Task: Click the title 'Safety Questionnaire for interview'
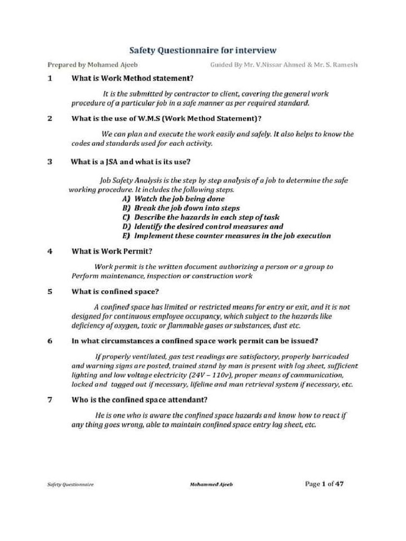tap(203, 50)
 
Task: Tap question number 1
tap(50, 79)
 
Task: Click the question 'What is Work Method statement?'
tap(132, 79)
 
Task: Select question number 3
tap(50, 162)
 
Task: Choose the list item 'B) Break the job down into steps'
tap(181, 208)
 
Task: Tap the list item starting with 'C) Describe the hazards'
tap(201, 217)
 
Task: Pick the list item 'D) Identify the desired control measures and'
tap(202, 227)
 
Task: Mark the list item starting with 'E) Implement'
tap(226, 236)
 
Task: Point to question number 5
tap(50, 291)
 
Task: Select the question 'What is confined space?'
tap(115, 291)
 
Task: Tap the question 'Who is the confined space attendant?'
tap(139, 399)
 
